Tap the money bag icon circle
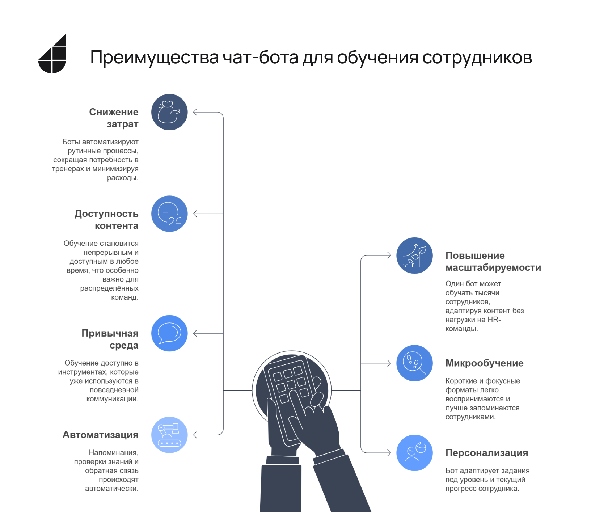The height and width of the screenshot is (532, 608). tap(169, 112)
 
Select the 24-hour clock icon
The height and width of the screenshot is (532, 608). tap(169, 214)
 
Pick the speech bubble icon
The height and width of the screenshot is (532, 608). tap(169, 333)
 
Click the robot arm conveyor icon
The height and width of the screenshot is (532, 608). tap(169, 435)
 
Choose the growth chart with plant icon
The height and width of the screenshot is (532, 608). tap(415, 256)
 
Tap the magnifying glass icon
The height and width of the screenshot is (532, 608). tap(415, 363)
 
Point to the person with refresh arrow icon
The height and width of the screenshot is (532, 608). tap(415, 453)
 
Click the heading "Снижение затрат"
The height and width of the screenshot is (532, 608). tap(114, 118)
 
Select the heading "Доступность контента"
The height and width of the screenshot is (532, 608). tap(106, 220)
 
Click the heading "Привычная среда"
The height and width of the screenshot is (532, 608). tap(110, 339)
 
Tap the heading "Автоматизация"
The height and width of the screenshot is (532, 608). tap(101, 435)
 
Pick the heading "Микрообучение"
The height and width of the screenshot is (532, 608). tap(485, 363)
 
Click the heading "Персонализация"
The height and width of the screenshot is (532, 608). tap(487, 453)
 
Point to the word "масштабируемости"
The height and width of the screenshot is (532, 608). tap(493, 268)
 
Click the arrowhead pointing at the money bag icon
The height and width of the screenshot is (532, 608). tap(195, 112)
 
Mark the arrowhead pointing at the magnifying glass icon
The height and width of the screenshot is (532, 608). tap(389, 363)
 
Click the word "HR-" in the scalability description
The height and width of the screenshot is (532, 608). tap(494, 320)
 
